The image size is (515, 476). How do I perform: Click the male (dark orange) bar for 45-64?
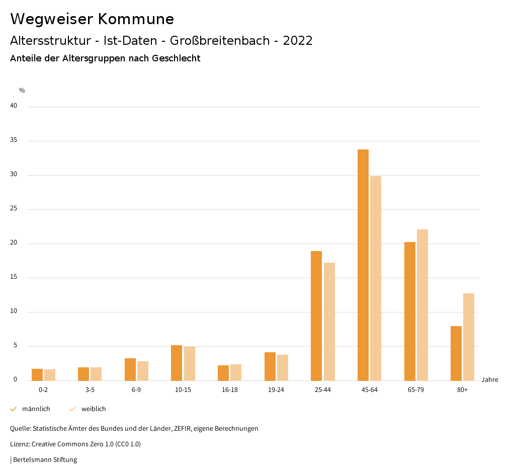tap(363, 265)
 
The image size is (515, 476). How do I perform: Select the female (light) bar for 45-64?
tap(376, 278)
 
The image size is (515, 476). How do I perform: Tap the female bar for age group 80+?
tap(469, 337)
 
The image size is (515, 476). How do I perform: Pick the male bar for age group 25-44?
tap(316, 315)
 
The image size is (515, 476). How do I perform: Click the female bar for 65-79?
tap(422, 305)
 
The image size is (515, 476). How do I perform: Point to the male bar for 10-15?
tap(177, 363)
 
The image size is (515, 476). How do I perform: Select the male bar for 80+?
tap(456, 353)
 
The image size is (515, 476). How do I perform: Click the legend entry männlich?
tap(36, 409)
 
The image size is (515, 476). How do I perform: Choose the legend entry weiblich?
tap(94, 409)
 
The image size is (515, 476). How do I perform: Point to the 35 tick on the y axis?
tap(14, 140)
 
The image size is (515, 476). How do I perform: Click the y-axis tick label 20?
tap(14, 243)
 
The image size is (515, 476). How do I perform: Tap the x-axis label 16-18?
tap(230, 390)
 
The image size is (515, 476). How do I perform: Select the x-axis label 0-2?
tap(43, 390)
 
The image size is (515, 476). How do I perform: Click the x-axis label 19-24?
tap(276, 390)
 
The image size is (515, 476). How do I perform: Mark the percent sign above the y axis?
tap(22, 91)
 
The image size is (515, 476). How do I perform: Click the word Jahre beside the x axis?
tap(490, 380)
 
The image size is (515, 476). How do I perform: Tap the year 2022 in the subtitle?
tap(298, 41)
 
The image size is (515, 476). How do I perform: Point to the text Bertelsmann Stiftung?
tap(45, 459)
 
